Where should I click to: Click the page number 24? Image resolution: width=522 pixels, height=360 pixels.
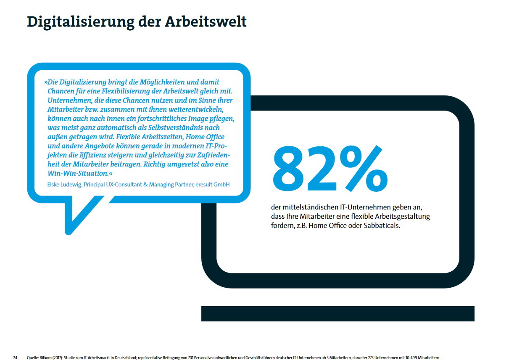click(15, 357)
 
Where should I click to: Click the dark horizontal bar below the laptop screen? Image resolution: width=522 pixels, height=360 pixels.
click(337, 313)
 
